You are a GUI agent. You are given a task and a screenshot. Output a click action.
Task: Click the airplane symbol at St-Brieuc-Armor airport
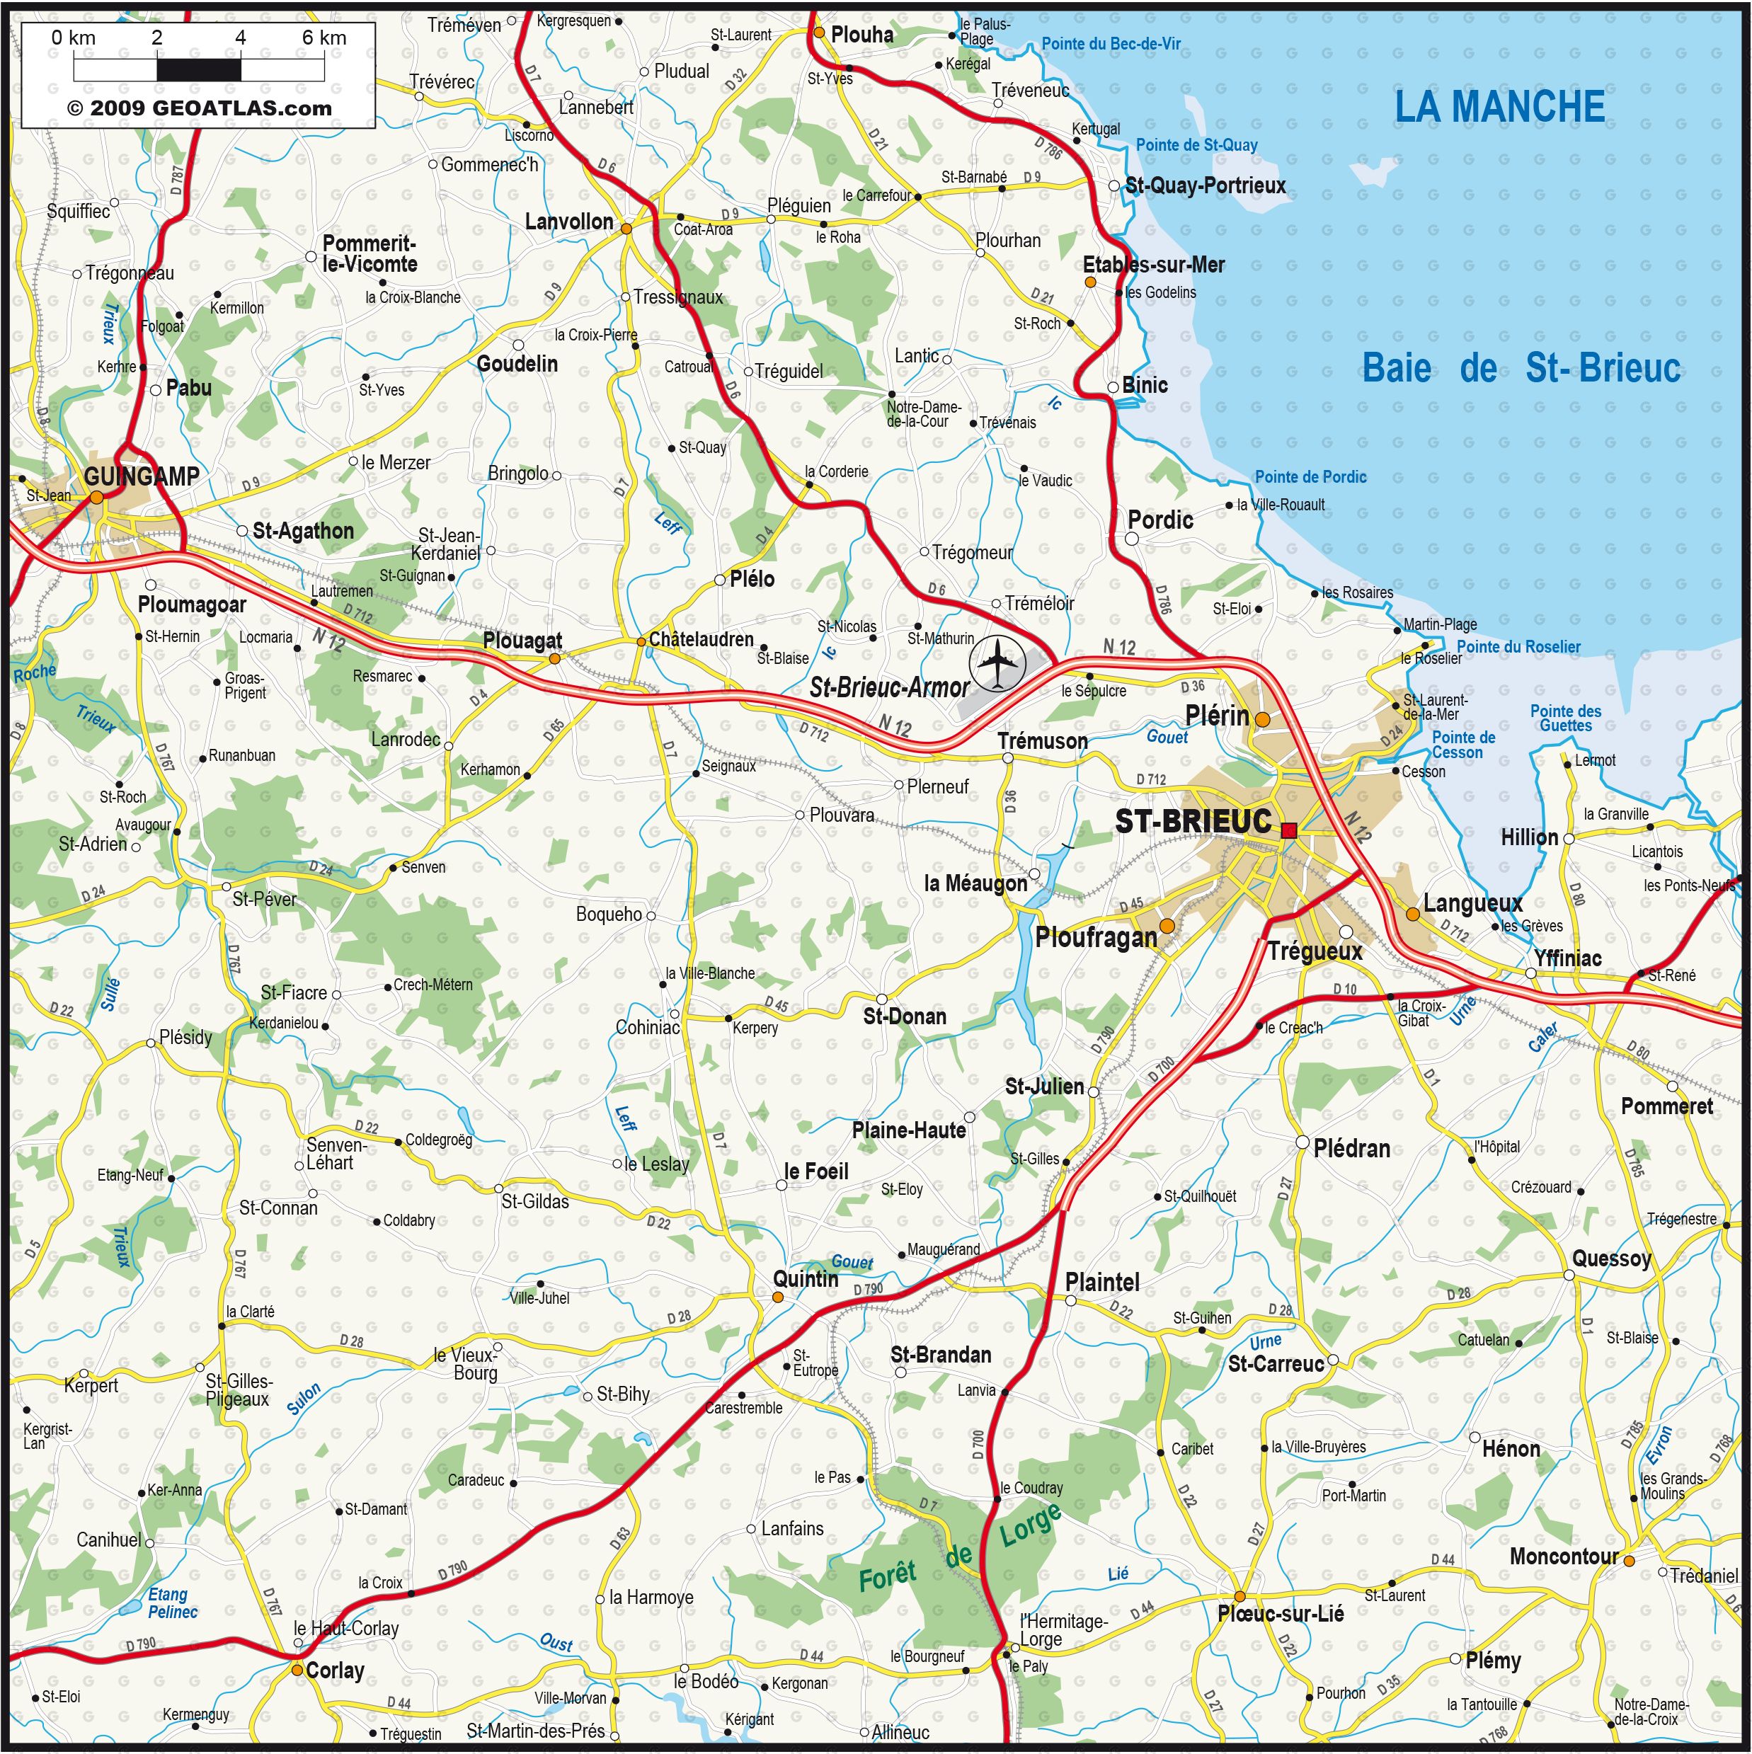pyautogui.click(x=997, y=663)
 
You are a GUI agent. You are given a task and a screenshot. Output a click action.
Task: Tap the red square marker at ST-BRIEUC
pyautogui.click(x=1289, y=830)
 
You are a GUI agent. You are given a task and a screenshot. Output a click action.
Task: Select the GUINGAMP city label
pyautogui.click(x=141, y=476)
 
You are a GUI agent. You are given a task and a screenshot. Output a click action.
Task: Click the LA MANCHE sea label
pyautogui.click(x=1499, y=107)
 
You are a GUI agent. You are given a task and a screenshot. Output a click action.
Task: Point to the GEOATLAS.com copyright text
pyautogui.click(x=199, y=108)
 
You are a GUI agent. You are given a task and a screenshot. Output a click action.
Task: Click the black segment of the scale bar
pyautogui.click(x=199, y=69)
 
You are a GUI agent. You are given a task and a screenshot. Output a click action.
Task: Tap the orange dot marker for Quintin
pyautogui.click(x=777, y=1297)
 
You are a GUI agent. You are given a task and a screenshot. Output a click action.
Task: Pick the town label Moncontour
pyautogui.click(x=1563, y=1556)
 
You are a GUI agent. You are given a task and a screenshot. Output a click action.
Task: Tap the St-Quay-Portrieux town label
pyautogui.click(x=1206, y=186)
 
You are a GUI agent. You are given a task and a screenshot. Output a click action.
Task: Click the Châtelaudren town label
pyautogui.click(x=701, y=639)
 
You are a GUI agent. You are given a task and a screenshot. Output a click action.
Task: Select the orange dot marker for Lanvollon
pyautogui.click(x=626, y=229)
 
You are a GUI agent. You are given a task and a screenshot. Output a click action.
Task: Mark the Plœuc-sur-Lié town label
pyautogui.click(x=1280, y=1613)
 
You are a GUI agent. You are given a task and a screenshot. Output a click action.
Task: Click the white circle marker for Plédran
pyautogui.click(x=1302, y=1142)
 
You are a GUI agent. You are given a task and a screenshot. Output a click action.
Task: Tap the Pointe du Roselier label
pyautogui.click(x=1518, y=646)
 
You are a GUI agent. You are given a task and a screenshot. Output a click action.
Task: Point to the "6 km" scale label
pyautogui.click(x=324, y=38)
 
